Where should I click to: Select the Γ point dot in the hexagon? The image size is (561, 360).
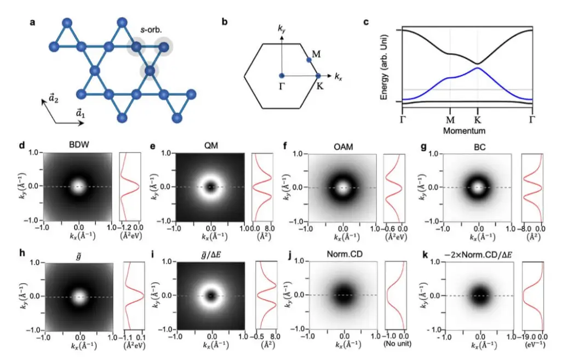(281, 75)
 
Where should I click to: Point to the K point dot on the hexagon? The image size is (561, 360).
(318, 75)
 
